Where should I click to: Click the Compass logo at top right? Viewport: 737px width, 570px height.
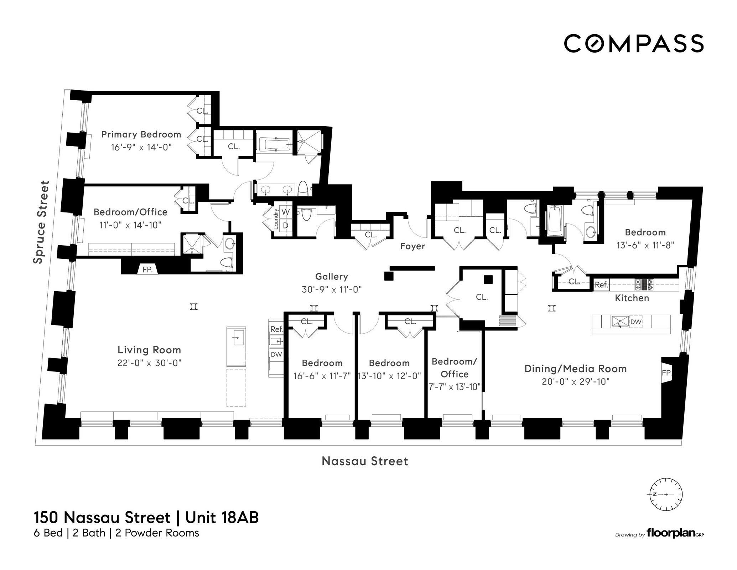[633, 43]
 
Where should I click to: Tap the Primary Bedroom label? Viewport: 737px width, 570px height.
[141, 134]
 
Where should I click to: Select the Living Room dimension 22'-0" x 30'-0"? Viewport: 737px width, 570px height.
[149, 363]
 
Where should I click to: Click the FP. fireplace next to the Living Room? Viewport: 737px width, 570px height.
[147, 269]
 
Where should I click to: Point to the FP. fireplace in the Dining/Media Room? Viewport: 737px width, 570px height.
[666, 373]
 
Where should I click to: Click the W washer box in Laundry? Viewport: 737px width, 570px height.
[286, 212]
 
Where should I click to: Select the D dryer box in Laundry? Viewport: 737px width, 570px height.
[286, 225]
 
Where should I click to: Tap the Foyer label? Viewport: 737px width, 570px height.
[412, 246]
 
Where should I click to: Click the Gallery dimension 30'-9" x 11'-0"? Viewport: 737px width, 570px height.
[332, 289]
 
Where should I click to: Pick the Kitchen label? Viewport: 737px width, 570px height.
[632, 298]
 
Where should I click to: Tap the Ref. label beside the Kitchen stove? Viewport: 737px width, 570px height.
[601, 285]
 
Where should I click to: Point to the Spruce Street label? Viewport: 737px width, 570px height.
[41, 222]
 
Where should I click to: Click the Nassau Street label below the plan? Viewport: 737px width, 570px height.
[365, 461]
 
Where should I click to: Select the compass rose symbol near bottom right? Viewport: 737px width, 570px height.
[666, 494]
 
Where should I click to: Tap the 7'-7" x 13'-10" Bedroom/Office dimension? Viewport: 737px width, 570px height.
[454, 387]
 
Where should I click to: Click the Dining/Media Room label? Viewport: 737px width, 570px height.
[575, 369]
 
